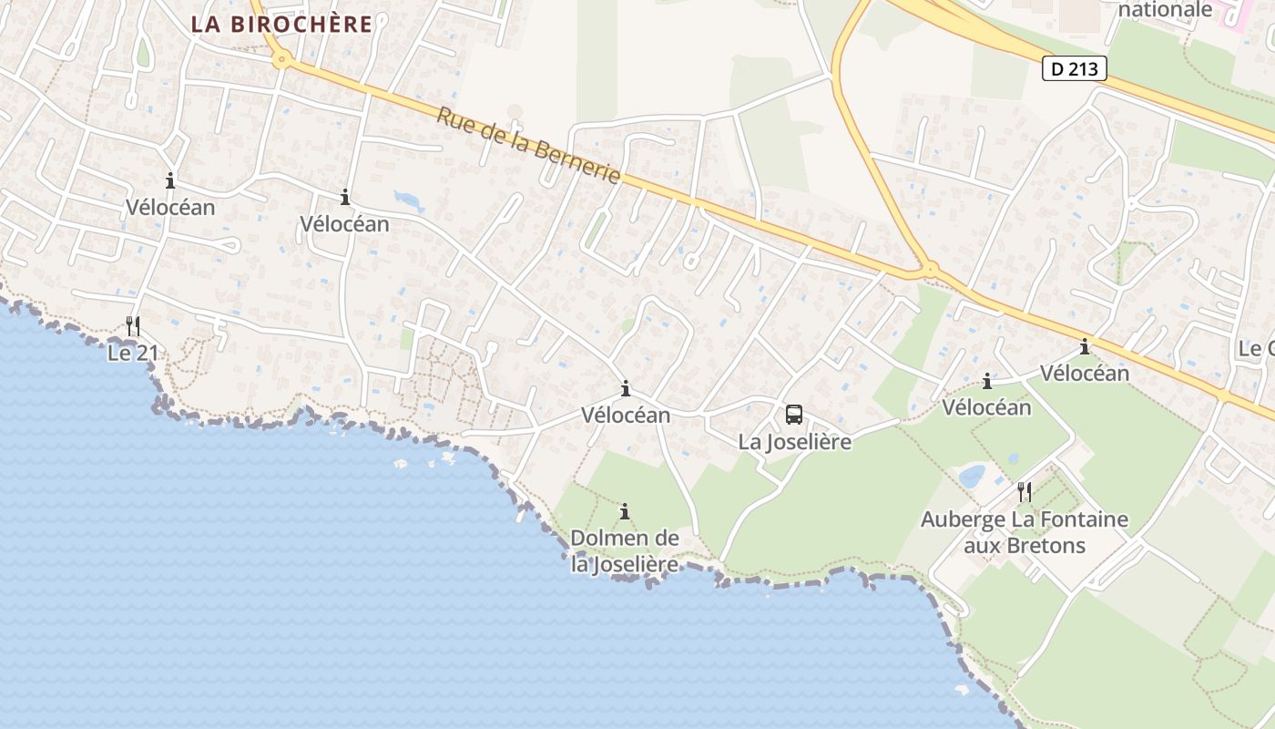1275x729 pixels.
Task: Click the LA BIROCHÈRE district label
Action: point(281,25)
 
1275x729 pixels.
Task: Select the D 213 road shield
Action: point(1075,68)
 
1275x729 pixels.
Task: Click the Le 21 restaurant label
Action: point(132,353)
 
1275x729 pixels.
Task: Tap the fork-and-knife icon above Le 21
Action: point(133,325)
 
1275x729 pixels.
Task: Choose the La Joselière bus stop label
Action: point(794,442)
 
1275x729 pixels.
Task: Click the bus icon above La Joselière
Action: point(794,415)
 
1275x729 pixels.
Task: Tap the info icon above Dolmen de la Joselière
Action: point(625,511)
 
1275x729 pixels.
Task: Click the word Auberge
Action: point(964,520)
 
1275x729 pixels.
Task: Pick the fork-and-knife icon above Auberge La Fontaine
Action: point(1025,492)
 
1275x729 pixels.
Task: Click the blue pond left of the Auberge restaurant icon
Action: point(973,476)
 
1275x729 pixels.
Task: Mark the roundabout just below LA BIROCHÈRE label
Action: point(282,61)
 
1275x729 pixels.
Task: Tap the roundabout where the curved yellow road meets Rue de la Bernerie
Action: point(928,269)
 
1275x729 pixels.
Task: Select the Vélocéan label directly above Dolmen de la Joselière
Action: point(626,416)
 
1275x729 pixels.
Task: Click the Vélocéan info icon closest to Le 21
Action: point(170,180)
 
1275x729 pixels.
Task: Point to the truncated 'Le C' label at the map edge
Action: point(1256,348)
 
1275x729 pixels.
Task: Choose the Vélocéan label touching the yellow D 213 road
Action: point(1084,373)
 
